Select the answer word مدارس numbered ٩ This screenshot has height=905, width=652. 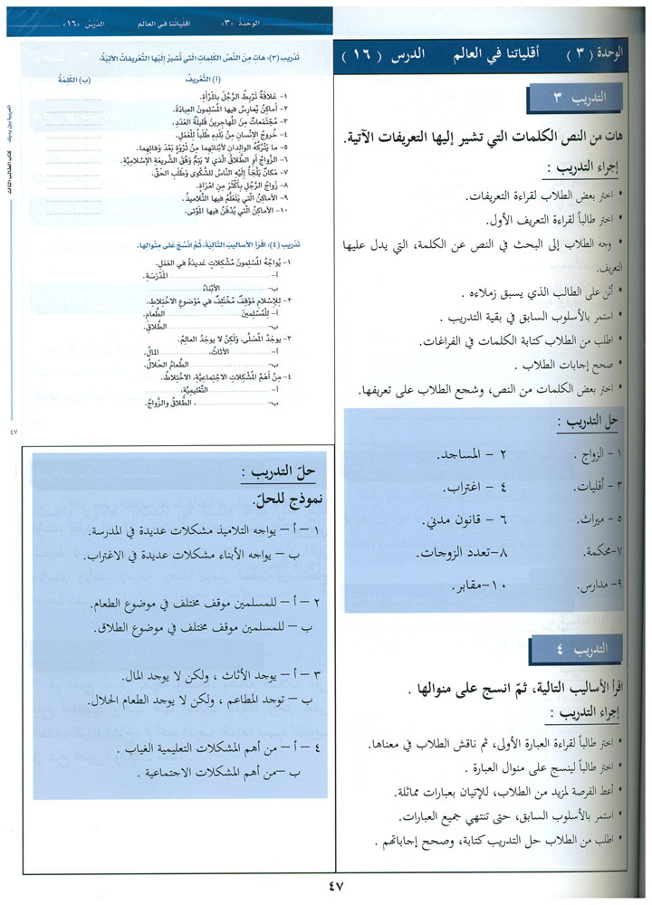pyautogui.click(x=597, y=587)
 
